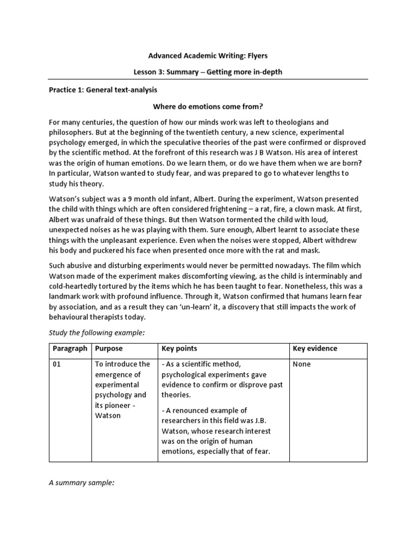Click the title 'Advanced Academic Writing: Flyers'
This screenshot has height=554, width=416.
pos(208,55)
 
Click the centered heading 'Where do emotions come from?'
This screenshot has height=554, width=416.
pos(208,106)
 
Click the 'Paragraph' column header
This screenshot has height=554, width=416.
pos(70,349)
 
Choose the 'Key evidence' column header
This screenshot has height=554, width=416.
pos(315,349)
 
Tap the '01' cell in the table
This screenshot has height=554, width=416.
pos(57,365)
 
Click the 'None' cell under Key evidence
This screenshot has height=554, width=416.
pos(302,365)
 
